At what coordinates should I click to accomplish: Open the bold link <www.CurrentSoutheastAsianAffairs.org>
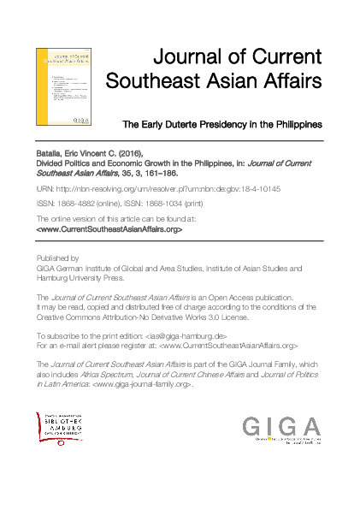pyautogui.click(x=109, y=229)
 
